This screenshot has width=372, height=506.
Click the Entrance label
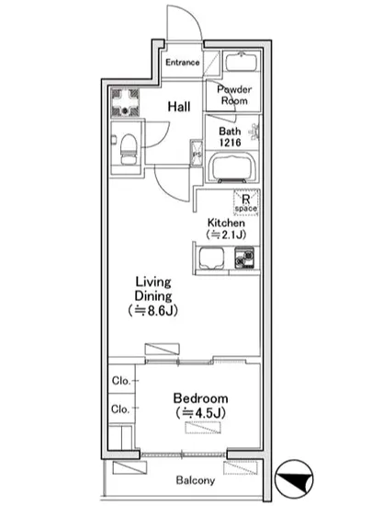[x=183, y=63]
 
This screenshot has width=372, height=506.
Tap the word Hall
[x=179, y=107]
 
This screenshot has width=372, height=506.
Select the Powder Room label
[x=234, y=95]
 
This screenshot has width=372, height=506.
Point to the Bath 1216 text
[x=230, y=136]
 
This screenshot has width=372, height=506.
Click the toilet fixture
[x=129, y=149]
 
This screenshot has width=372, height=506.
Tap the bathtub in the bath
[x=233, y=167]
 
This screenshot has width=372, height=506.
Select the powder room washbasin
[x=242, y=62]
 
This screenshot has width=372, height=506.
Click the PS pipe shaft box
[x=197, y=153]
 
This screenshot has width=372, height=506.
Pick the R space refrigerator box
[x=246, y=202]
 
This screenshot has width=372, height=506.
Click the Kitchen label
[x=226, y=223]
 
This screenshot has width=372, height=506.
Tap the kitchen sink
[x=211, y=259]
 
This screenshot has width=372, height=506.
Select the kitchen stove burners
[x=244, y=259]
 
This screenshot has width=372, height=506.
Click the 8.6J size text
[x=153, y=311]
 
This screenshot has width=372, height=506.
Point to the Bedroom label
[x=200, y=398]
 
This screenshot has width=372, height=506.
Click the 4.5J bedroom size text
[x=200, y=413]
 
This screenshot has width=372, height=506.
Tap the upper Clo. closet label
[x=121, y=381]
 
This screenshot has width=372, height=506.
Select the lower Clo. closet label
[x=120, y=409]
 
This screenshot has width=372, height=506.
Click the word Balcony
[x=196, y=480]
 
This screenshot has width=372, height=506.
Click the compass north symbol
[x=294, y=479]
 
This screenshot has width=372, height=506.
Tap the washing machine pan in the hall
[x=125, y=103]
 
